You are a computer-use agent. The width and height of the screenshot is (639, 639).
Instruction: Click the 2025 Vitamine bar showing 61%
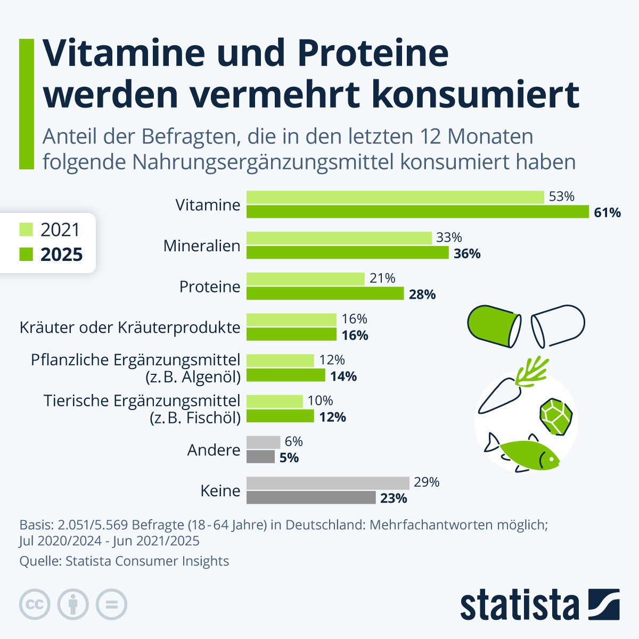(417, 212)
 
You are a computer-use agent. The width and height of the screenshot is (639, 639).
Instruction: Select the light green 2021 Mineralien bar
(339, 237)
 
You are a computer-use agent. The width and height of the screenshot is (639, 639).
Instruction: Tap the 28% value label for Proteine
(422, 294)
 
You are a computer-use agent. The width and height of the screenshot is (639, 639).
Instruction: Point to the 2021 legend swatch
(26, 230)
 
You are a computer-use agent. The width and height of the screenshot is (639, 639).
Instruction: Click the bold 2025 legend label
(62, 255)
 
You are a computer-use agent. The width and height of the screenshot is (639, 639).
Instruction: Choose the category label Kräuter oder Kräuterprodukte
(130, 327)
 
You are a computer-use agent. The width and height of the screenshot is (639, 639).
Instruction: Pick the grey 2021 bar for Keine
(327, 483)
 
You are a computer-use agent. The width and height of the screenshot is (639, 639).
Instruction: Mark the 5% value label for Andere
(289, 458)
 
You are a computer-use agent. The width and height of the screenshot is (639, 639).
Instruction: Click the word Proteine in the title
(373, 53)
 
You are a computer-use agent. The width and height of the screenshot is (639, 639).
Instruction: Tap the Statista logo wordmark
(520, 605)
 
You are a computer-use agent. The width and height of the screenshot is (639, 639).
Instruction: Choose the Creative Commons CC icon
(35, 604)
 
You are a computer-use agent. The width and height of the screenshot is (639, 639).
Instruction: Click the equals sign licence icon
(111, 604)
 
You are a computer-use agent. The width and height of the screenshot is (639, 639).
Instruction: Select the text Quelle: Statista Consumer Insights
(124, 561)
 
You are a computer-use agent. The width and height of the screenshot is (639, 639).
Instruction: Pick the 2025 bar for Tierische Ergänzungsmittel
(280, 416)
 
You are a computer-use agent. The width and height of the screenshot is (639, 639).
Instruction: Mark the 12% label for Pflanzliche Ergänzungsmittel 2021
(332, 361)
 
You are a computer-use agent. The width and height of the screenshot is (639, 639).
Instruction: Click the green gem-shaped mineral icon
(556, 415)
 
